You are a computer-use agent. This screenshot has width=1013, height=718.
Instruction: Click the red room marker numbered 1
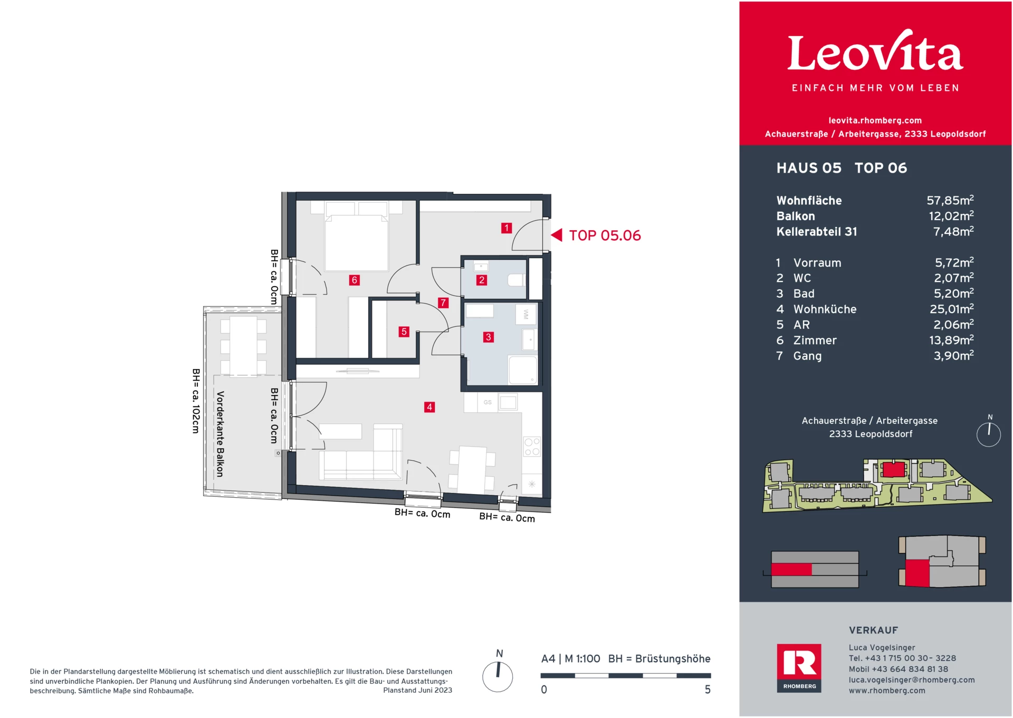tap(506, 228)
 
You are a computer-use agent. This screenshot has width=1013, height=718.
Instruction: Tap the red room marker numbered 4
tap(429, 407)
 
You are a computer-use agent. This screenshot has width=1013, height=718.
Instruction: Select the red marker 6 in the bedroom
tap(355, 280)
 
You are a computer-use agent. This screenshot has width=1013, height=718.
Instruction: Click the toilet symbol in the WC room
tap(516, 280)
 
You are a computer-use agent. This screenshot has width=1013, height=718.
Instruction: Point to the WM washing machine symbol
tap(525, 315)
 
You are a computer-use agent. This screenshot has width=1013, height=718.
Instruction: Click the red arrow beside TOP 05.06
tap(557, 235)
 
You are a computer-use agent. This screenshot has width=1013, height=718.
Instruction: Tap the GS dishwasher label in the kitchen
tap(488, 402)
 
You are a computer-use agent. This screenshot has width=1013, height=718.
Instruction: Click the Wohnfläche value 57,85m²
tap(950, 201)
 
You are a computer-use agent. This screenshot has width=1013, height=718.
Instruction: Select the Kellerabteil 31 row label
tap(816, 232)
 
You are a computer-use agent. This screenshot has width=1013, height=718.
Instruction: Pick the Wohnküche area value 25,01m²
tap(951, 309)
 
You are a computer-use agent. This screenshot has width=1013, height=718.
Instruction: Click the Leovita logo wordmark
tap(875, 53)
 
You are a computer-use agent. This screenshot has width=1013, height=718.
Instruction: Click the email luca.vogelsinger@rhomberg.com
tap(911, 680)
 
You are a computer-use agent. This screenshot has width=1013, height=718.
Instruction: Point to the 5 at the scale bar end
tap(708, 689)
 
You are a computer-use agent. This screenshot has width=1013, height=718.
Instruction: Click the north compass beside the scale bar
tap(498, 676)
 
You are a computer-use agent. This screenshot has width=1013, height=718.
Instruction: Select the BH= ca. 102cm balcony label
tap(196, 401)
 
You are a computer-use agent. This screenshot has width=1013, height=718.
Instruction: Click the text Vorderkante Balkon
tap(221, 434)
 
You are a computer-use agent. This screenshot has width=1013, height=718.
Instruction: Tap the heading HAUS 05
tap(809, 168)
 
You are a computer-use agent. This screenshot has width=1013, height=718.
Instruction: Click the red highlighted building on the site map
tap(893, 469)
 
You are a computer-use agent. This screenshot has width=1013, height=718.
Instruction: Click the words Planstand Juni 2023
tap(417, 690)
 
